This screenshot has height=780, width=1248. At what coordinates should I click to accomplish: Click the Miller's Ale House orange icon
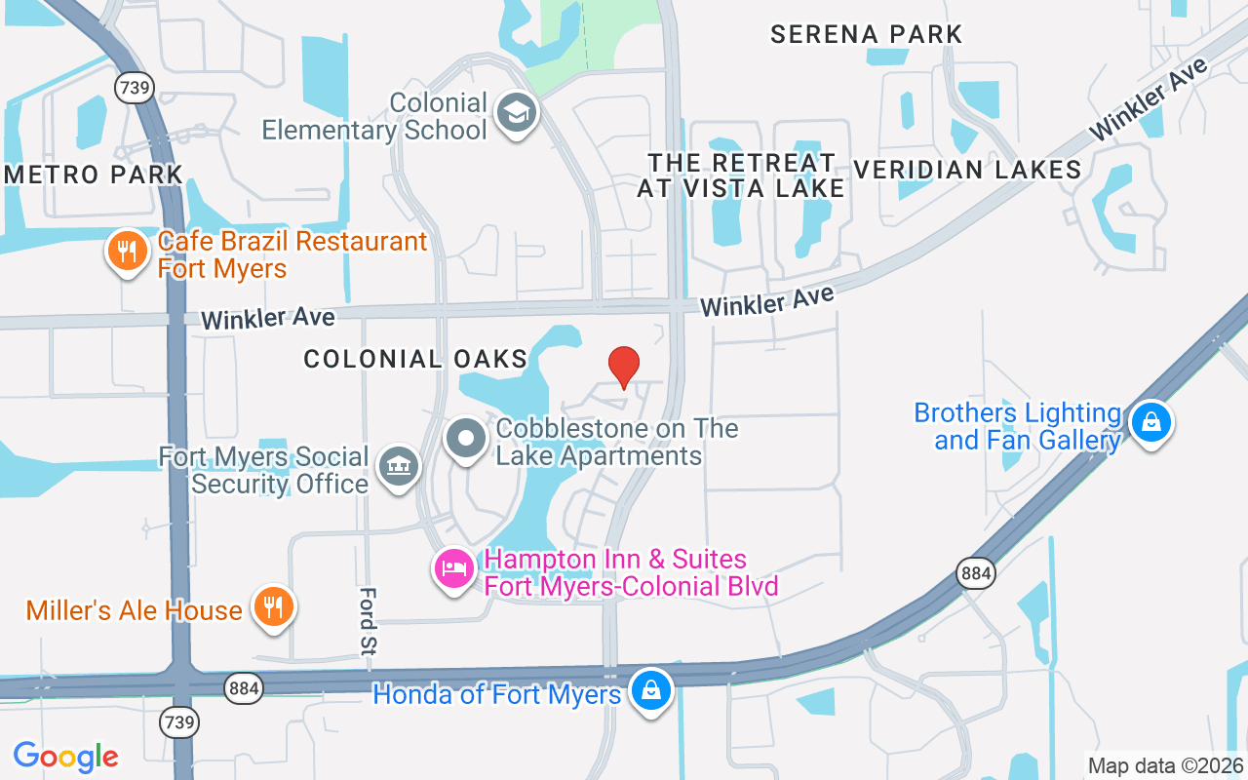pyautogui.click(x=274, y=608)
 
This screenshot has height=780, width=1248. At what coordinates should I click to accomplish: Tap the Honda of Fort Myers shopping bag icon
pyautogui.click(x=649, y=691)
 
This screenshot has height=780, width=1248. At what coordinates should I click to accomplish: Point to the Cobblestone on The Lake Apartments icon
pyautogui.click(x=466, y=439)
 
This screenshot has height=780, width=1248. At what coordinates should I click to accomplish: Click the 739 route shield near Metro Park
pyautogui.click(x=134, y=88)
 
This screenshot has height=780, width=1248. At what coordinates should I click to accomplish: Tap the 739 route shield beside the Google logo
pyautogui.click(x=181, y=722)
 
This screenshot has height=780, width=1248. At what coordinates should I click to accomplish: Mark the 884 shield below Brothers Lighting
pyautogui.click(x=975, y=573)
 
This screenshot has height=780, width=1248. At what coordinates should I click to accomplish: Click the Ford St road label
pyautogui.click(x=369, y=619)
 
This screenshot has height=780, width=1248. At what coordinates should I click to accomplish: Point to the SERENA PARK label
pyautogui.click(x=866, y=34)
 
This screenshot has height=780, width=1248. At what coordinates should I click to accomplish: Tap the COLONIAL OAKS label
pyautogui.click(x=415, y=359)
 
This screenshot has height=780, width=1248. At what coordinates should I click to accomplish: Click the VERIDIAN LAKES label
pyautogui.click(x=967, y=170)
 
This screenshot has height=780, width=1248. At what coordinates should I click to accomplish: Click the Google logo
pyautogui.click(x=65, y=756)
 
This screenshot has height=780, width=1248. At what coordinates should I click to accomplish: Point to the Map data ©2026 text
pyautogui.click(x=1165, y=765)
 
